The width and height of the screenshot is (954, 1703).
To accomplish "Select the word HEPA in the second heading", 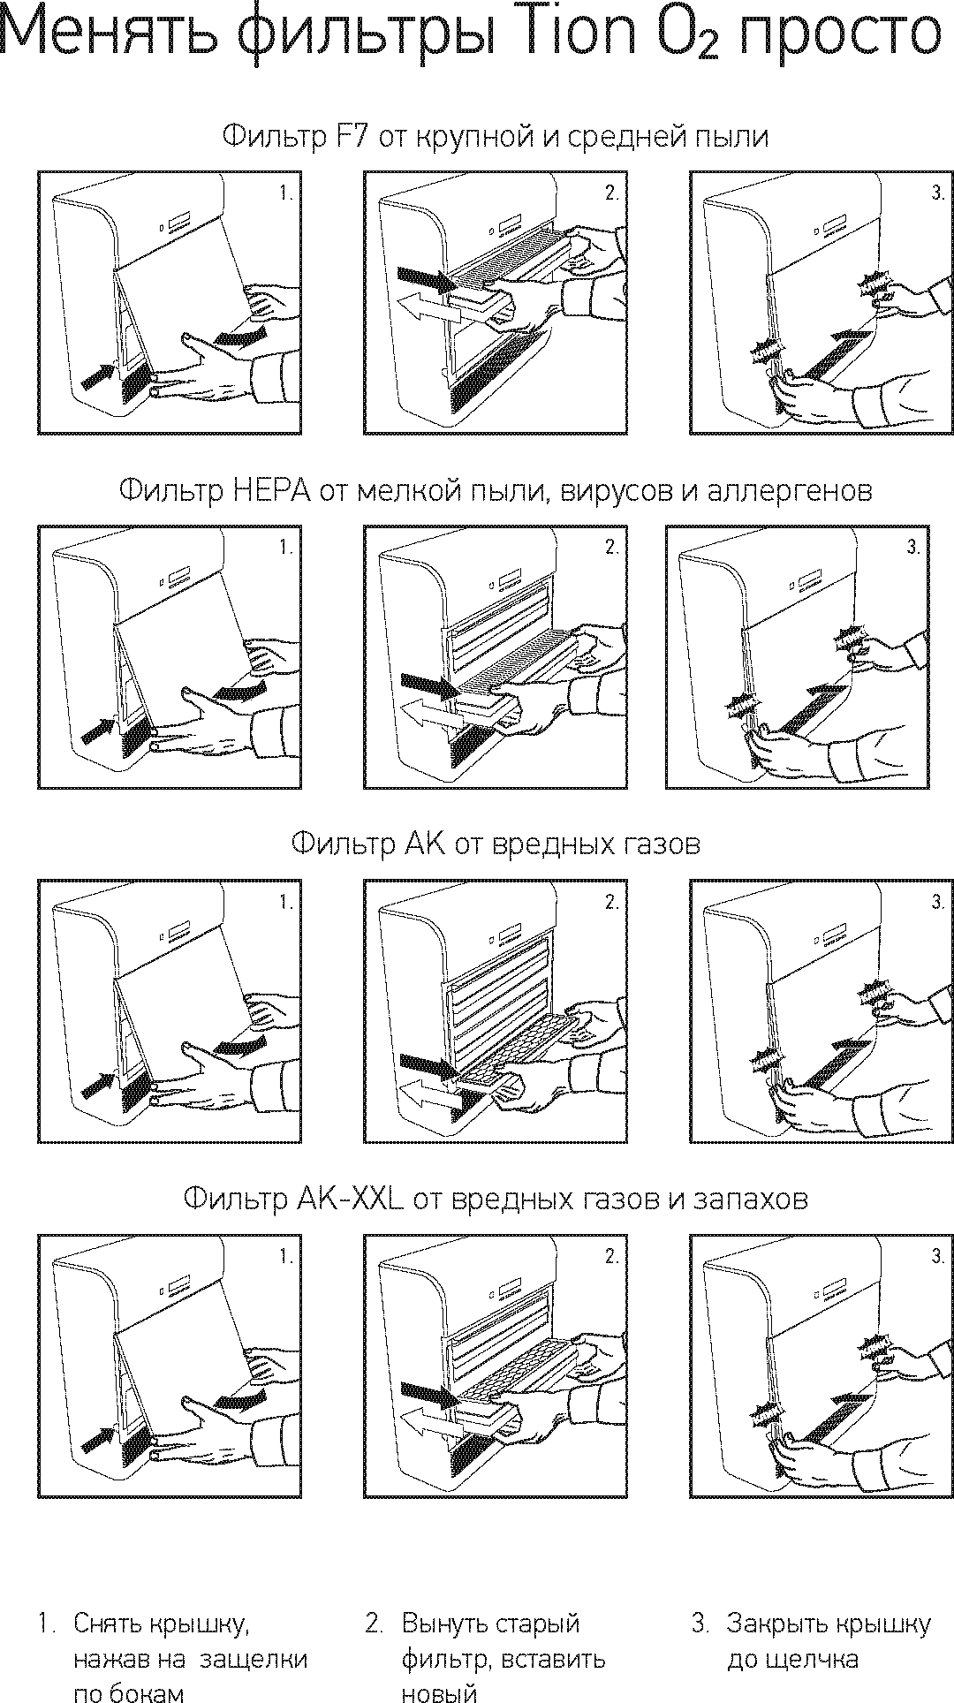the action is click(x=272, y=490).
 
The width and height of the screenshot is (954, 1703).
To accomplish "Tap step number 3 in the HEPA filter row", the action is click(x=913, y=548).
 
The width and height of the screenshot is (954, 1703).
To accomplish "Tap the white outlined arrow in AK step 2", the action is click(x=428, y=1097).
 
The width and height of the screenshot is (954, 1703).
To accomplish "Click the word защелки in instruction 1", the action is click(x=254, y=1659).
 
